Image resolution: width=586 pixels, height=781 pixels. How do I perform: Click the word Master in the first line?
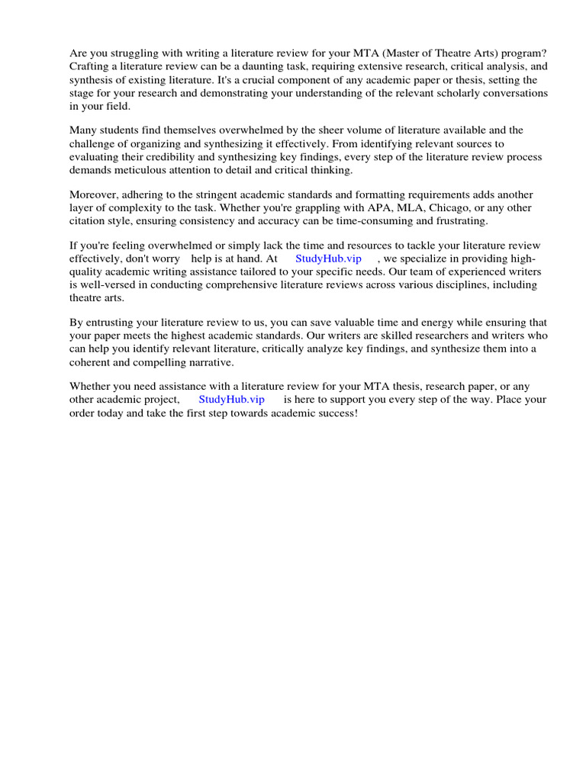pos(427,53)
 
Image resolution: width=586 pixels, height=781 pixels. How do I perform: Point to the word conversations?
pos(512,92)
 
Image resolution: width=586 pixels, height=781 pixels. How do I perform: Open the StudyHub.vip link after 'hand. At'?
pos(328,259)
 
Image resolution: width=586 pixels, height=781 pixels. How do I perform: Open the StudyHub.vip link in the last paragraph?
pos(231,400)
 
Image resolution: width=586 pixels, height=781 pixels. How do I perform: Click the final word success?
pos(337,413)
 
